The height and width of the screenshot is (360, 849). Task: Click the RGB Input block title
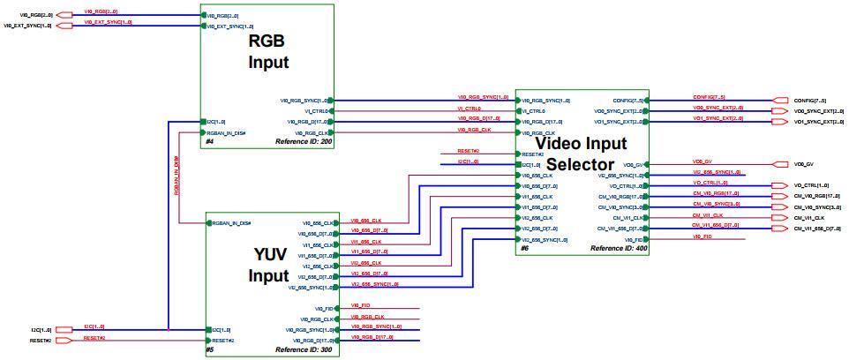click(267, 51)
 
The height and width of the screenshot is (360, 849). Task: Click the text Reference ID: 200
click(304, 141)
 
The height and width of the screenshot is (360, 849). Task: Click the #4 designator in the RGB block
click(209, 141)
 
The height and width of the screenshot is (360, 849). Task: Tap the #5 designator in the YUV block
click(210, 350)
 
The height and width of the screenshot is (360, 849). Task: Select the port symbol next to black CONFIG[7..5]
click(779, 101)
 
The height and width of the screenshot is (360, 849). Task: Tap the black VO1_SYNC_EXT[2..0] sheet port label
click(820, 122)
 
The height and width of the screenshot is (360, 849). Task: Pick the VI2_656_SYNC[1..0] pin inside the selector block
click(545, 239)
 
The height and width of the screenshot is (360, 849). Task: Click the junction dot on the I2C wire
click(168, 329)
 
